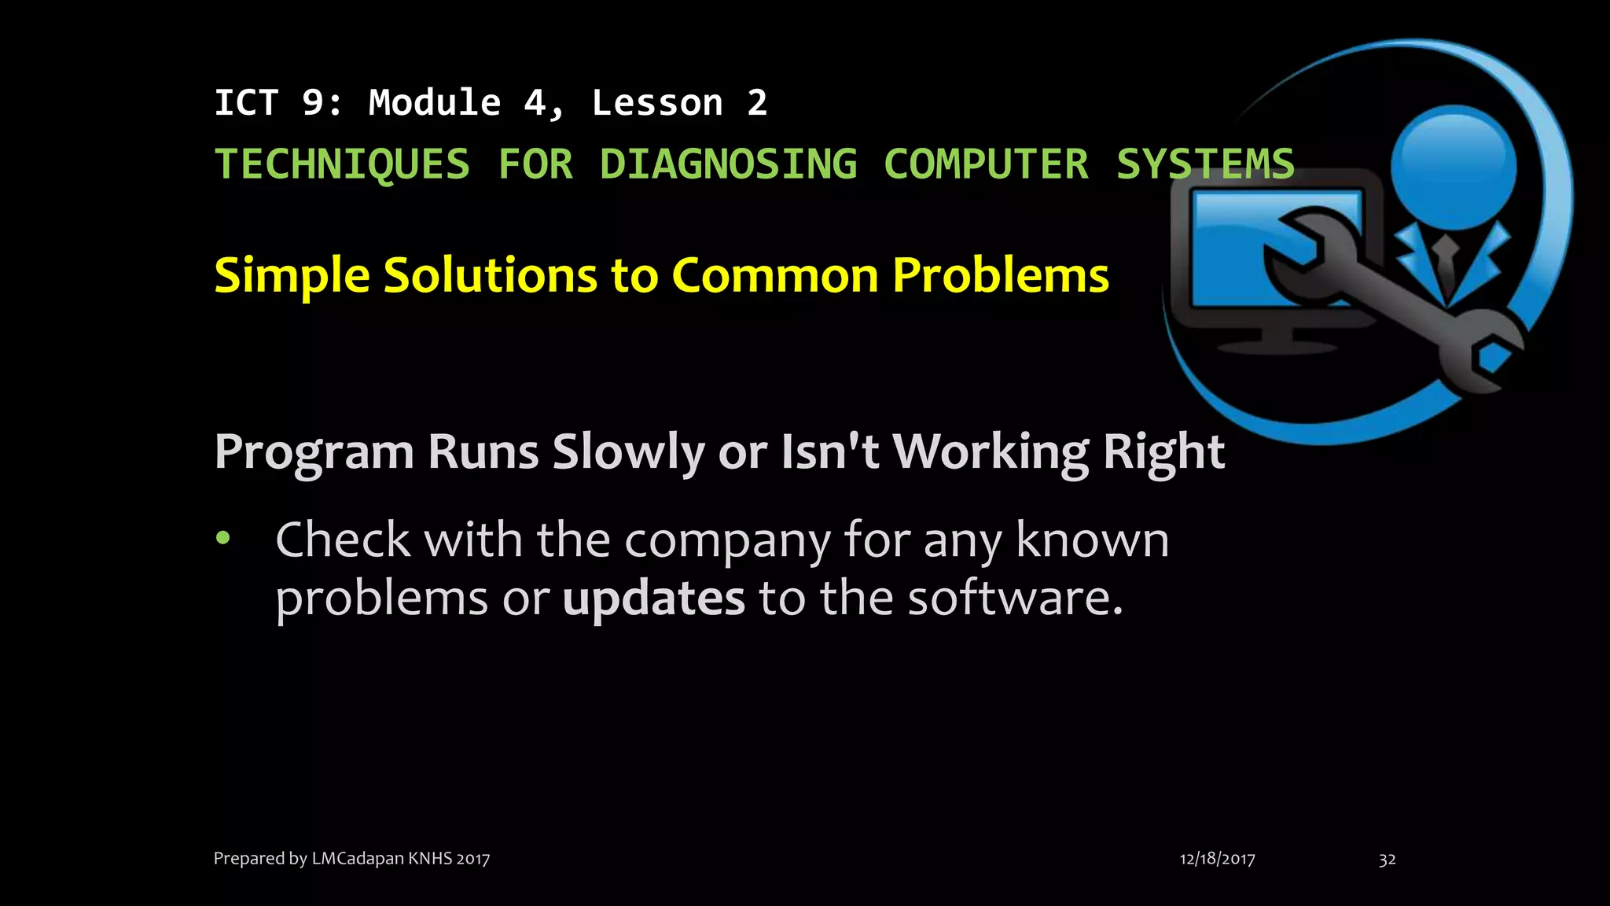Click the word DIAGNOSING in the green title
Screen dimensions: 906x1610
(728, 164)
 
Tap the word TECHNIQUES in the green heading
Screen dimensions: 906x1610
(342, 164)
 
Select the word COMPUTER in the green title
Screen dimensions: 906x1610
(986, 164)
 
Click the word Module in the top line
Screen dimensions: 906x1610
(435, 103)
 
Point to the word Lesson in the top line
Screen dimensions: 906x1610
(657, 103)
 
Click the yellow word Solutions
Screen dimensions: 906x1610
(490, 276)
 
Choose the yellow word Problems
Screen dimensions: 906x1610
(1001, 276)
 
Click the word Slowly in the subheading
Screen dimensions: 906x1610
(628, 453)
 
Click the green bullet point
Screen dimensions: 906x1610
(224, 538)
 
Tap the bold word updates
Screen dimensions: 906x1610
(653, 599)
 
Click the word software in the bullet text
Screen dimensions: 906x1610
(1015, 598)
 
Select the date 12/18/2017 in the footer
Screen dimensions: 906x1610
(1217, 859)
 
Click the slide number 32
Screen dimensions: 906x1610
(1387, 859)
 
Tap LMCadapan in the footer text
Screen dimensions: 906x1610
(358, 858)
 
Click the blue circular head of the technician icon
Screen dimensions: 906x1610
(1453, 168)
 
